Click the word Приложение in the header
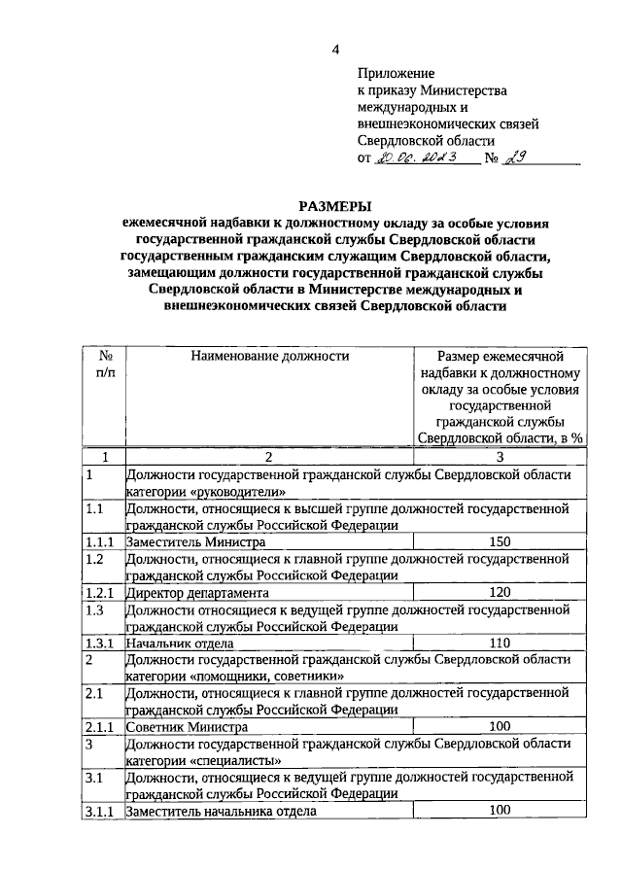tap(397, 72)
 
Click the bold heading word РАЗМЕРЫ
tap(335, 205)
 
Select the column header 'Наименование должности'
tap(269, 356)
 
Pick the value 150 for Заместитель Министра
tap(500, 541)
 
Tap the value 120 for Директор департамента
tap(500, 592)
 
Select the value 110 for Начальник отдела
tap(500, 643)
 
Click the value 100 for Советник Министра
tap(500, 726)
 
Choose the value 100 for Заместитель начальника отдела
tap(500, 810)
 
